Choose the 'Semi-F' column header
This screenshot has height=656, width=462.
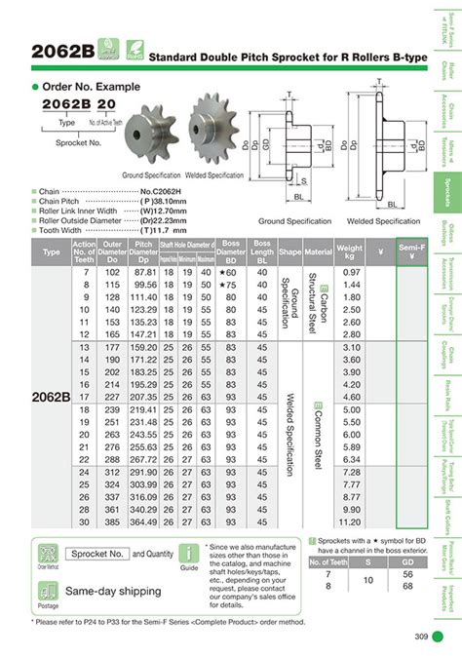(409, 251)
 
